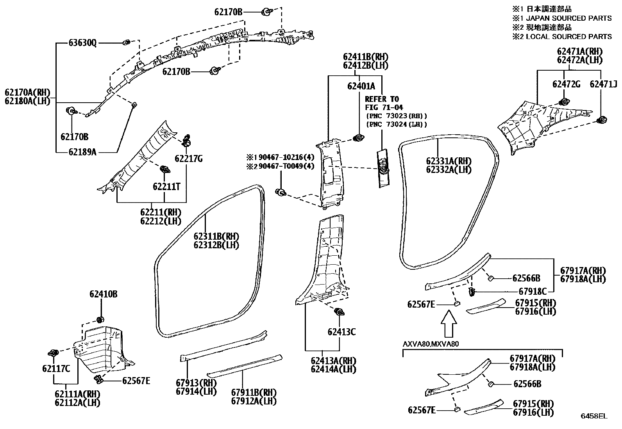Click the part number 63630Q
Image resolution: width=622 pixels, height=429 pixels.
tap(82, 43)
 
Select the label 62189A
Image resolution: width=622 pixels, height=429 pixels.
tap(82, 152)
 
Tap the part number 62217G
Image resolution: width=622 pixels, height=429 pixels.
tap(189, 158)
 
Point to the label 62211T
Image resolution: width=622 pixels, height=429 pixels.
tap(166, 187)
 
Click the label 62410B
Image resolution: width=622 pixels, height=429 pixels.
tap(103, 294)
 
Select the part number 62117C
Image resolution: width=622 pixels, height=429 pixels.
tap(56, 368)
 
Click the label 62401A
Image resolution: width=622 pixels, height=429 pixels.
tap(361, 86)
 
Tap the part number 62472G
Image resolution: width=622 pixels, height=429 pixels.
tap(566, 84)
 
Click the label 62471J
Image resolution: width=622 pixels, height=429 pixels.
tap(603, 84)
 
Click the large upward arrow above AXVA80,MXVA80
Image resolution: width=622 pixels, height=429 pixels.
tap(449, 324)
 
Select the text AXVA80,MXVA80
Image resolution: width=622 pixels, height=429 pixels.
tap(431, 344)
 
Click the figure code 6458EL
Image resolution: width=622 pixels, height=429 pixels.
tap(594, 416)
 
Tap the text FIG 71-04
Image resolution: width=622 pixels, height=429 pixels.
tap(384, 107)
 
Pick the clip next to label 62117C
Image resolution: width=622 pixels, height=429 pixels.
tap(53, 353)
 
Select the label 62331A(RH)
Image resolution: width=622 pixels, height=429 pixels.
tap(449, 161)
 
